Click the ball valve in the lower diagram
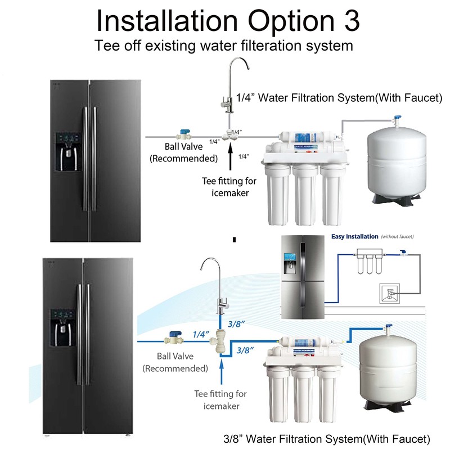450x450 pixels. (x=173, y=340)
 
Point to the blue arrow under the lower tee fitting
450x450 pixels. (x=223, y=371)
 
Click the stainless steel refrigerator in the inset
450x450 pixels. (x=303, y=275)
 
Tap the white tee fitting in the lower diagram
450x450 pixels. (x=217, y=341)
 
